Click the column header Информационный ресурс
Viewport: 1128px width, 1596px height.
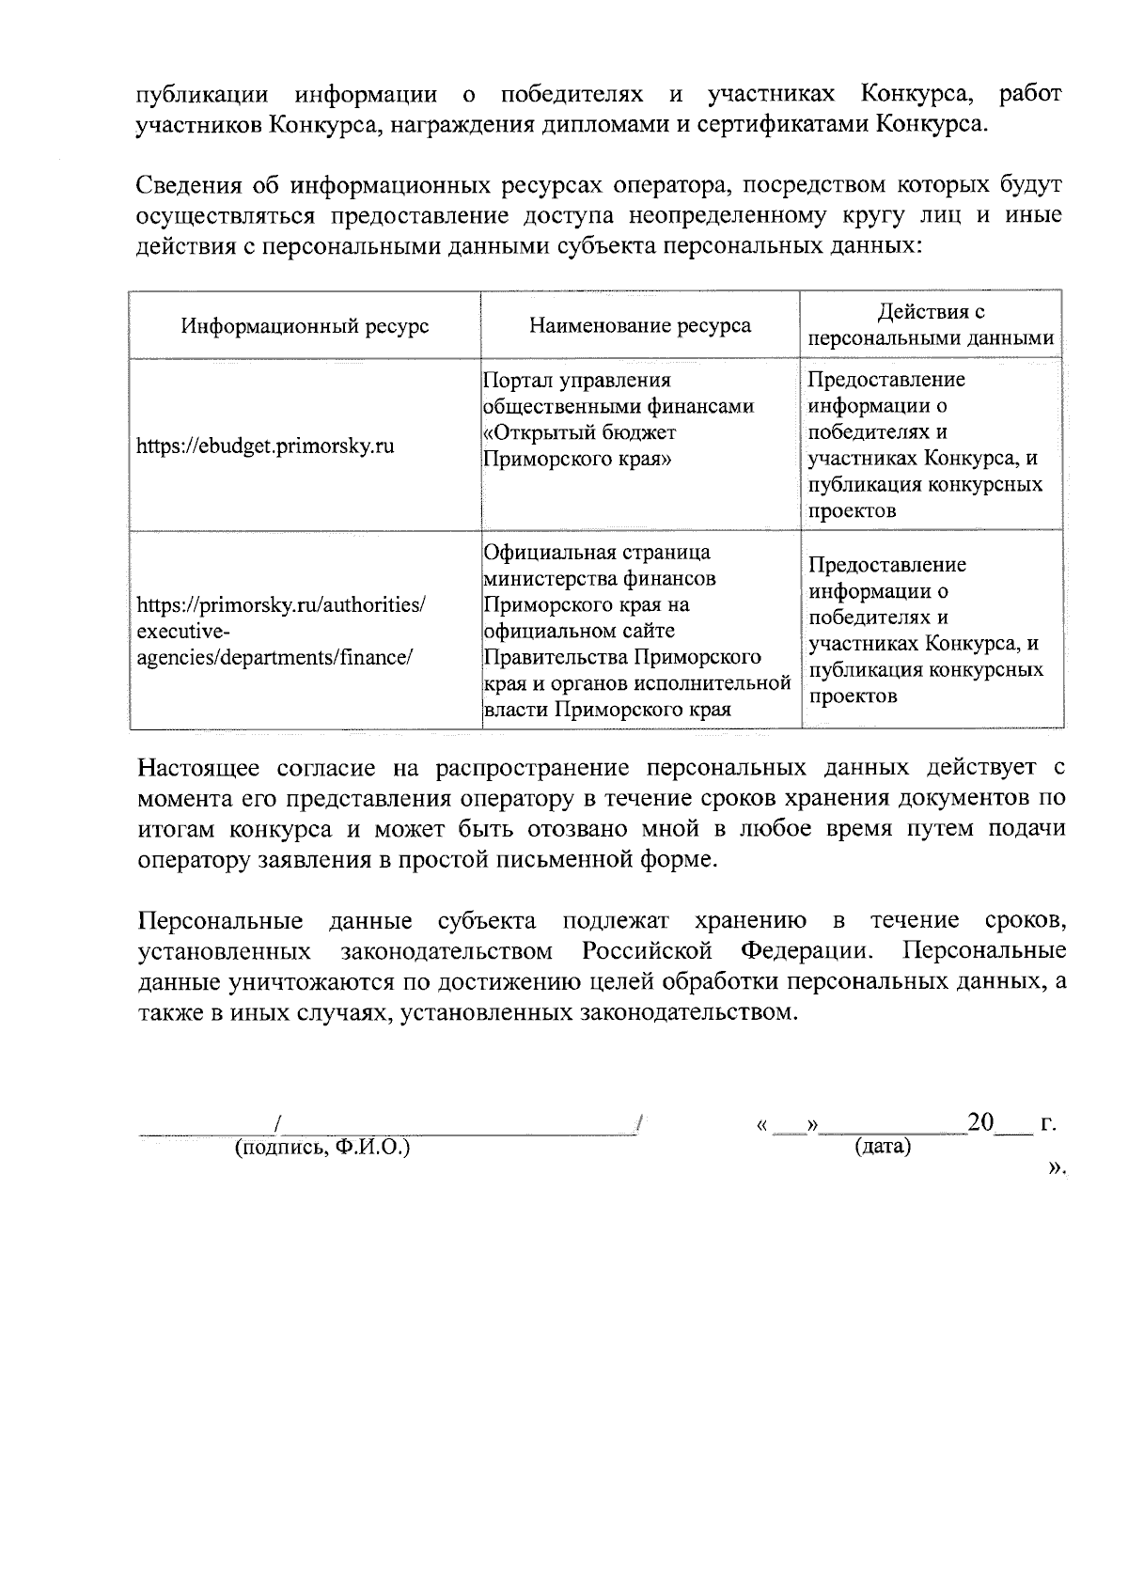pos(305,326)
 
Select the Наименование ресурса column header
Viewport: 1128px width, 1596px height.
pos(640,326)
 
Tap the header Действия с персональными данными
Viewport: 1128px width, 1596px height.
pos(931,325)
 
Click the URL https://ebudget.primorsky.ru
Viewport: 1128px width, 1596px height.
pos(265,446)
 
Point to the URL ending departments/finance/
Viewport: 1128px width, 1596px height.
pos(275,657)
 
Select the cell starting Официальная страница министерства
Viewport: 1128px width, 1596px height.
pos(635,630)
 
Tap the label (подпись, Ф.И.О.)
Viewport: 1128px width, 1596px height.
pos(322,1148)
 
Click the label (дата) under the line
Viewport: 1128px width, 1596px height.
pos(883,1148)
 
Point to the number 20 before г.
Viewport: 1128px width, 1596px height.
pos(980,1121)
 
